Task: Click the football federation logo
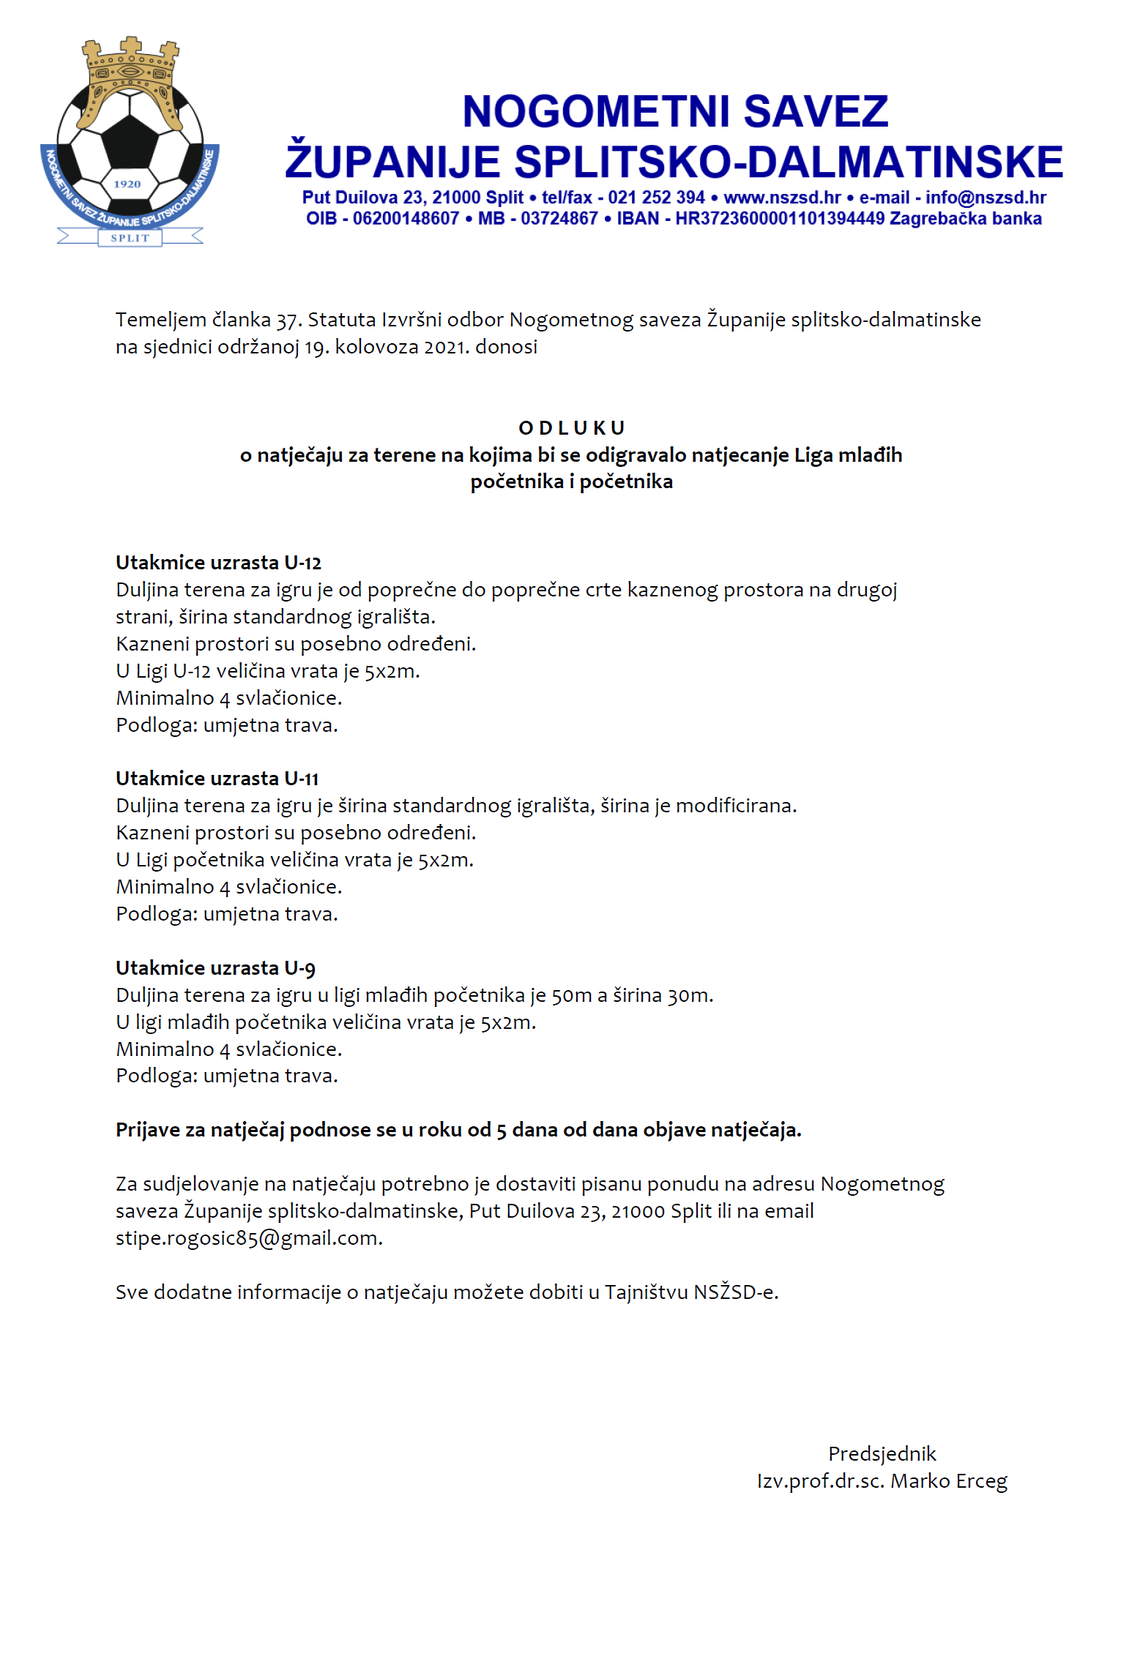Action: click(x=130, y=143)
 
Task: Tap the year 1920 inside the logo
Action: click(x=127, y=184)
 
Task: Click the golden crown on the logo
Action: click(x=130, y=77)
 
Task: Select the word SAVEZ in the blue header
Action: click(x=816, y=112)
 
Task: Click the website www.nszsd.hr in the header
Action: click(x=782, y=198)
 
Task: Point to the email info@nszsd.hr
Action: click(x=986, y=198)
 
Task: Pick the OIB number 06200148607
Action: click(x=406, y=219)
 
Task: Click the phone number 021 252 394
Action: click(x=656, y=198)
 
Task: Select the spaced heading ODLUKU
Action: click(x=571, y=428)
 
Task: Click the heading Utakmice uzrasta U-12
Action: click(x=218, y=563)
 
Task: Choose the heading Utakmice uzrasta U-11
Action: click(x=217, y=779)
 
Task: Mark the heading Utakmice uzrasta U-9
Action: click(x=215, y=968)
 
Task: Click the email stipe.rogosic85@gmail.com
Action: click(x=248, y=1238)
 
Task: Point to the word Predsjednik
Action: click(x=882, y=1454)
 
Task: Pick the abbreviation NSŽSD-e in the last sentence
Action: click(x=734, y=1292)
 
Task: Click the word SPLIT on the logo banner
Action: click(x=130, y=238)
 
